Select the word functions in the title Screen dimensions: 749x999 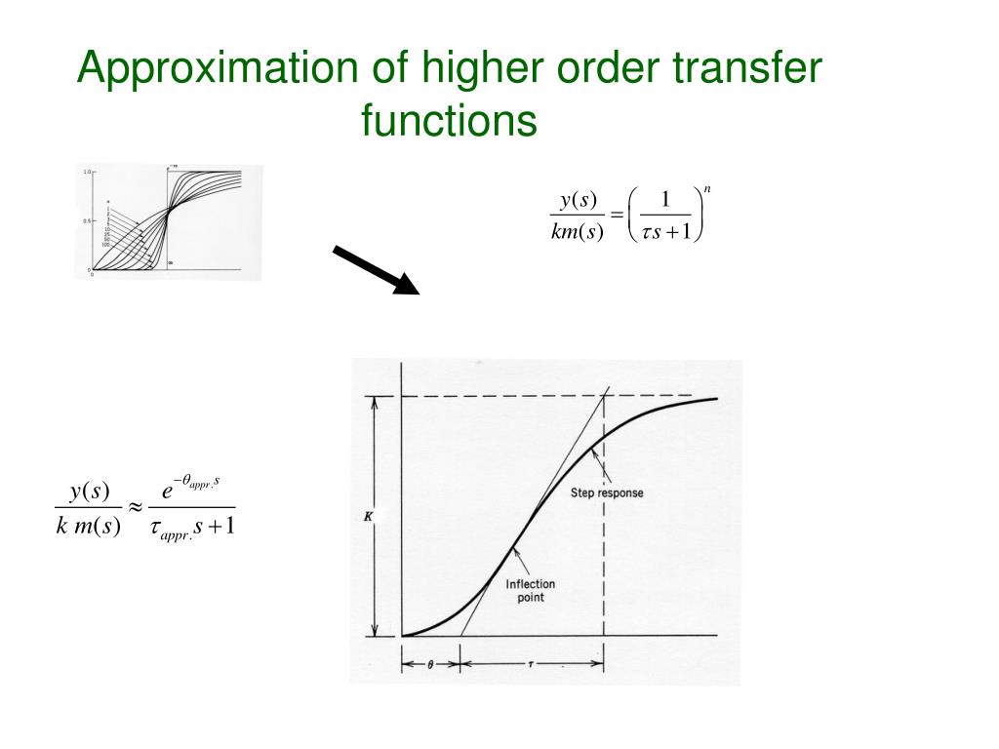click(x=449, y=122)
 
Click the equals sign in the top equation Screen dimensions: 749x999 click(x=617, y=215)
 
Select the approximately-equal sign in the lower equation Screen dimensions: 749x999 click(x=135, y=508)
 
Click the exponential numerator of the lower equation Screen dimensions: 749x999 click(x=194, y=489)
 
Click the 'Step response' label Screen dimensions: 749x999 click(x=606, y=493)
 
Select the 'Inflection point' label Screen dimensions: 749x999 click(x=531, y=591)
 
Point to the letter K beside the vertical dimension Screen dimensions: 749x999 click(x=369, y=516)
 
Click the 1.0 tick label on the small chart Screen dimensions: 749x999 click(x=86, y=173)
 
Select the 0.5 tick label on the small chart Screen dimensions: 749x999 click(x=86, y=221)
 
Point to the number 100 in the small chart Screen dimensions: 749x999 click(x=105, y=245)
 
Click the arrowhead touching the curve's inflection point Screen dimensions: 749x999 click(x=515, y=552)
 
